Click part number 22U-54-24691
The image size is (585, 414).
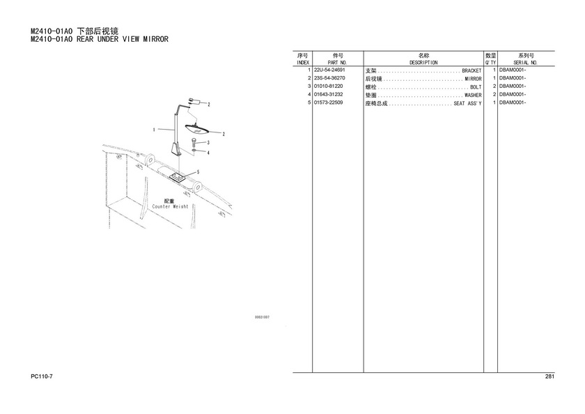coord(329,70)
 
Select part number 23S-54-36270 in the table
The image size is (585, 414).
coord(329,78)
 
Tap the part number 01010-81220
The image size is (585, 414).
coord(328,86)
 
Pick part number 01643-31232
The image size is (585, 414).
coord(328,95)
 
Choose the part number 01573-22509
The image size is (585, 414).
coord(328,102)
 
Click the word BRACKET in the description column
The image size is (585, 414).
coord(471,70)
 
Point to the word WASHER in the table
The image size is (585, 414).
coord(473,95)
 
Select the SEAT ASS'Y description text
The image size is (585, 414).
coord(467,103)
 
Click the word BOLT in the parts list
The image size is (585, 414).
coord(476,87)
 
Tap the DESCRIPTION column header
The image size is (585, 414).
coord(423,63)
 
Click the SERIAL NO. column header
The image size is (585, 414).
coord(525,63)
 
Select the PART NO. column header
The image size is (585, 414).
coord(337,63)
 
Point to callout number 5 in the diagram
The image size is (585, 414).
coord(198,172)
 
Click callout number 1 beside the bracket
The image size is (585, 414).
coord(154,130)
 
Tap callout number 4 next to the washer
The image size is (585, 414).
coord(208,153)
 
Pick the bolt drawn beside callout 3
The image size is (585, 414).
coord(194,142)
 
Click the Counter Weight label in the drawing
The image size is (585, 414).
coord(170,206)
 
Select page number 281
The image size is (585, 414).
coord(549,376)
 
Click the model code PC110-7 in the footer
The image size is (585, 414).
coord(42,376)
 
